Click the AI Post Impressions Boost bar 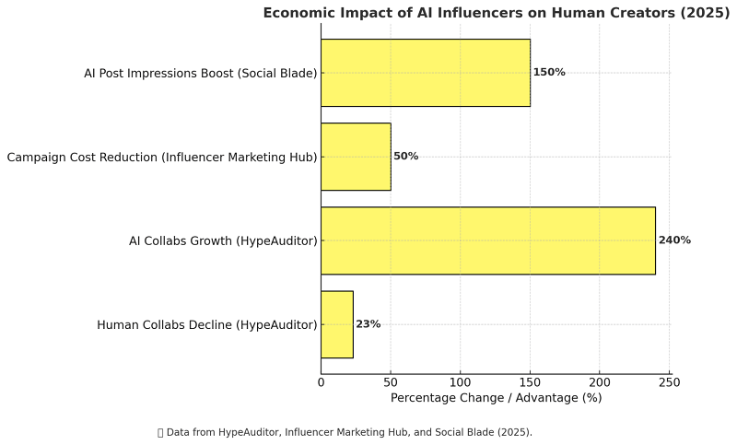(x=425, y=73)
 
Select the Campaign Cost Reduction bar (x=356, y=157)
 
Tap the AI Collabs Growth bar (x=487, y=240)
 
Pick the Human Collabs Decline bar (x=336, y=324)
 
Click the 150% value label (x=549, y=73)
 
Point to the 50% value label (x=405, y=157)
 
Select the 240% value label (x=674, y=240)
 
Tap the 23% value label (x=368, y=324)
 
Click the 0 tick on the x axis (x=321, y=381)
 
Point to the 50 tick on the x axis (x=391, y=381)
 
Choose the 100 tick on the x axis (x=461, y=381)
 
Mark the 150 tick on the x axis (x=531, y=381)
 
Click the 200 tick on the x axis (x=600, y=381)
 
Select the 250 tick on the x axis (x=670, y=381)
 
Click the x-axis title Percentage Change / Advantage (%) (x=496, y=398)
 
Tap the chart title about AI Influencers (x=496, y=13)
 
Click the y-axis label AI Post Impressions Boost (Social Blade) (x=200, y=73)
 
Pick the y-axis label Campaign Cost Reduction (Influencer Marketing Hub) (x=162, y=158)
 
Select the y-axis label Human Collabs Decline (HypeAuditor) (x=206, y=324)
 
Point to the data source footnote (x=345, y=432)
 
